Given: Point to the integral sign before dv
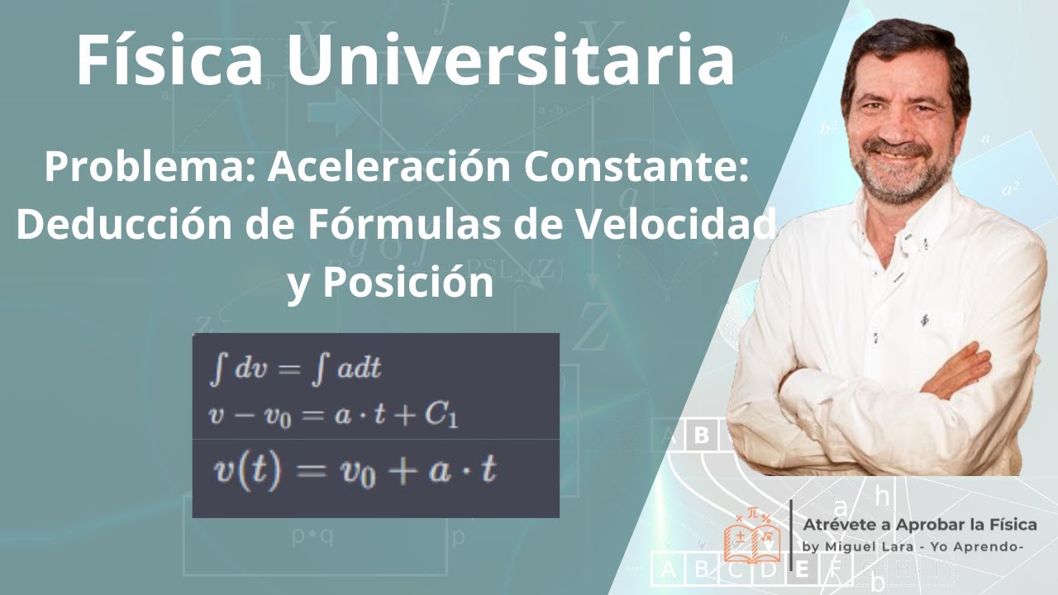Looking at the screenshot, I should pos(217,369).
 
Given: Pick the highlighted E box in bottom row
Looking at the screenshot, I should pos(802,569).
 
